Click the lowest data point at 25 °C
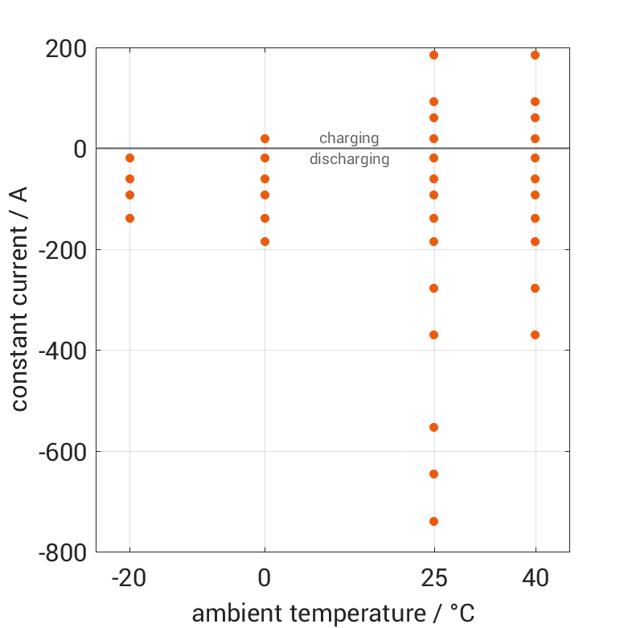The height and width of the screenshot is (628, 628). [x=434, y=521]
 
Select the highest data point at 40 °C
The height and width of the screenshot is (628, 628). [x=535, y=55]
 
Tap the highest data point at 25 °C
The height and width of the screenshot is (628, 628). [x=434, y=55]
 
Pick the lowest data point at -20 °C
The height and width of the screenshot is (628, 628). [x=129, y=218]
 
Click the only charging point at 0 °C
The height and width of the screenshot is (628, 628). [x=265, y=138]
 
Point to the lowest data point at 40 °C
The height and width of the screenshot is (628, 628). [x=535, y=335]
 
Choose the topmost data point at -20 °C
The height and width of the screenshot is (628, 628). [x=129, y=158]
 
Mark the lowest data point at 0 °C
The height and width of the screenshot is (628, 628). [x=265, y=241]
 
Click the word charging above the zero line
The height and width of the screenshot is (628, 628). [x=349, y=138]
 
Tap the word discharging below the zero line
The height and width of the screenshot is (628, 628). [x=349, y=159]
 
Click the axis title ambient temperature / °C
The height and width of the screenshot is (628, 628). [x=333, y=613]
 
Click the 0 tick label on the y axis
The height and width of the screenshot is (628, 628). [x=79, y=149]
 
